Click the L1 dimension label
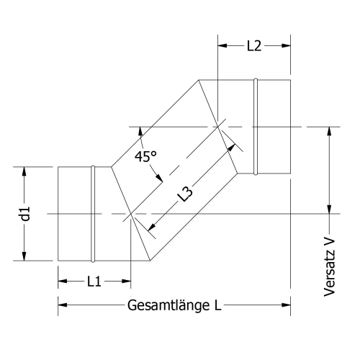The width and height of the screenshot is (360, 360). click(x=93, y=282)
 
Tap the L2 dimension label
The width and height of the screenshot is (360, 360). click(x=253, y=45)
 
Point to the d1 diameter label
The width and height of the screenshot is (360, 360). click(x=24, y=214)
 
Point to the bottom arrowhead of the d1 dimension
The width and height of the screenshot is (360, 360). click(x=24, y=256)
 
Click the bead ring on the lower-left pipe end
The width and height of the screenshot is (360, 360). click(x=92, y=214)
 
